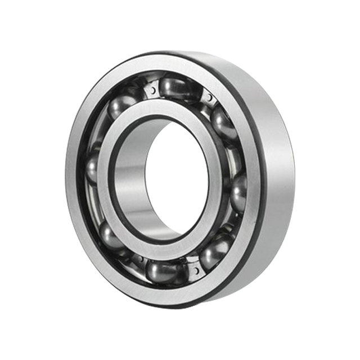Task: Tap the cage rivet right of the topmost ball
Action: click(209, 98)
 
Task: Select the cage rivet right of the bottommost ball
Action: click(195, 271)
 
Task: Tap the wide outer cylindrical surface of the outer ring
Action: click(276, 169)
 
